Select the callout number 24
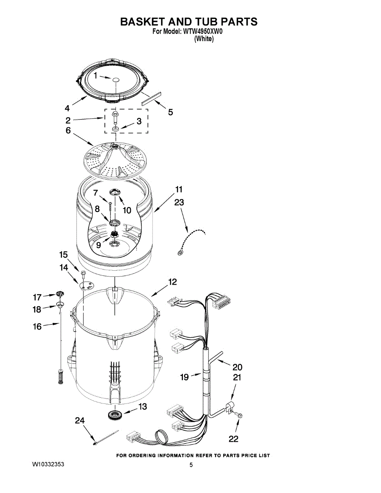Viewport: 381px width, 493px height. point(80,420)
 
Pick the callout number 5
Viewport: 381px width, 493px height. point(170,112)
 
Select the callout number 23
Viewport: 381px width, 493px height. point(179,202)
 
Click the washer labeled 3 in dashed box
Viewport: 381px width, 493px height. point(115,129)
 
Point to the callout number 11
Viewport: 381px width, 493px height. point(179,189)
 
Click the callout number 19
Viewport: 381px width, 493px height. point(185,377)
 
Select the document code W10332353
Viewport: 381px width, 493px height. point(48,465)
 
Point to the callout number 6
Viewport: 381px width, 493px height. point(68,130)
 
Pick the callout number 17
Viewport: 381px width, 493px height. point(37,297)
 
